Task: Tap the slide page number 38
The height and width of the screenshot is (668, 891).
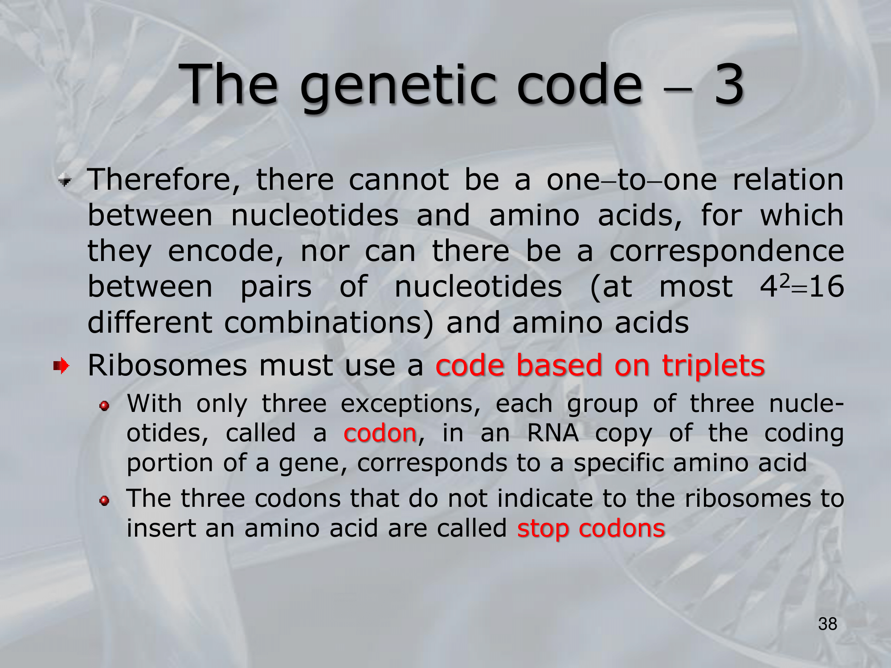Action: point(828,624)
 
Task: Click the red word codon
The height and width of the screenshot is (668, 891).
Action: point(380,433)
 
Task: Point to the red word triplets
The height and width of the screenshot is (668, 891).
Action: point(713,367)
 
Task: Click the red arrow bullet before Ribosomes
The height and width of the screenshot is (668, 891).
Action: point(61,366)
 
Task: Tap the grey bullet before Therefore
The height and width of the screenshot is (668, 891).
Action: point(65,181)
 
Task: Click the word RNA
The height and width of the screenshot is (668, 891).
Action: point(553,433)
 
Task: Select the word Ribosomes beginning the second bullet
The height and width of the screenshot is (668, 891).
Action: point(167,366)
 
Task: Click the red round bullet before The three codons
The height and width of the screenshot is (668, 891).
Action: point(104,501)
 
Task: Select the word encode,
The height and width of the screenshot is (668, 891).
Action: point(225,252)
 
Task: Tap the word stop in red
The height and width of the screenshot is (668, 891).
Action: point(543,529)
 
